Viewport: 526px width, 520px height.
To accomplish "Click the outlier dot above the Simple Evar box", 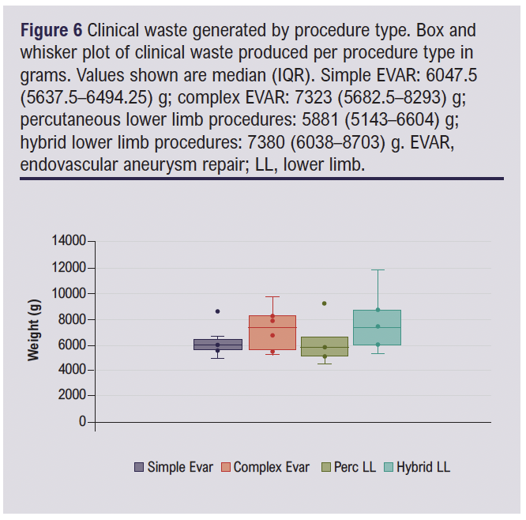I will [218, 311].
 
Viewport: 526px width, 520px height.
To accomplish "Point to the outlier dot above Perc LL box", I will [325, 303].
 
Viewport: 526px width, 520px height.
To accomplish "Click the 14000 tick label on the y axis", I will [69, 241].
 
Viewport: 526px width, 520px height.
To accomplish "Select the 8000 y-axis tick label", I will [72, 319].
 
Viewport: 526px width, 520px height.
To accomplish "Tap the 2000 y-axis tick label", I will [72, 396].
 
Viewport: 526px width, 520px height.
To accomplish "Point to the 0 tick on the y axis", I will [82, 422].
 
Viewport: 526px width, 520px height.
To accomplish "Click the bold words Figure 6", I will [51, 32].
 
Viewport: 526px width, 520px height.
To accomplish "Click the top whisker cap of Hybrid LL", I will [378, 270].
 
